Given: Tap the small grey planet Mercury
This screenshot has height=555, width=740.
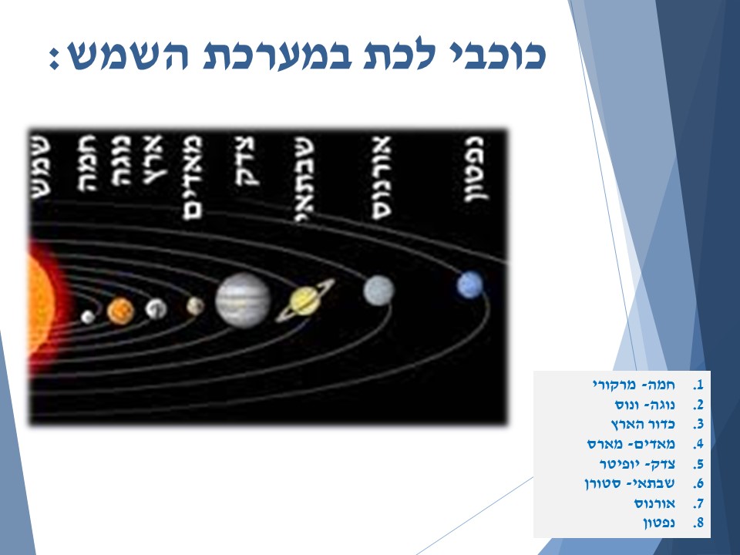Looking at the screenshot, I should point(88,316).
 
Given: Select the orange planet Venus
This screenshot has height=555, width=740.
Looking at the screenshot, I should point(120,311).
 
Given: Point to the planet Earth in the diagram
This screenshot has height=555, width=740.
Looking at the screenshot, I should point(156,308).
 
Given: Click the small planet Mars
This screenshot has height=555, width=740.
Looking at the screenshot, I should point(195,306).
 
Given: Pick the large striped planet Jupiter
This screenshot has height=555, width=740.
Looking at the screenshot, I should point(243,299).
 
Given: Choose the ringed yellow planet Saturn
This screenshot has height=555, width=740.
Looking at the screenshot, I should point(305,300).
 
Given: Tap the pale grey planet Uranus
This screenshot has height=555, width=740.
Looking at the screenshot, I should point(378,290).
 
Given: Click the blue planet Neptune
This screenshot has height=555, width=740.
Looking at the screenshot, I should point(469,285).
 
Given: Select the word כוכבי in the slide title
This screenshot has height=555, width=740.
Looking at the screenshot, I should point(496,55).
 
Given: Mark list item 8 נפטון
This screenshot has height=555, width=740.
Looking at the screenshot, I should point(659,523).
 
